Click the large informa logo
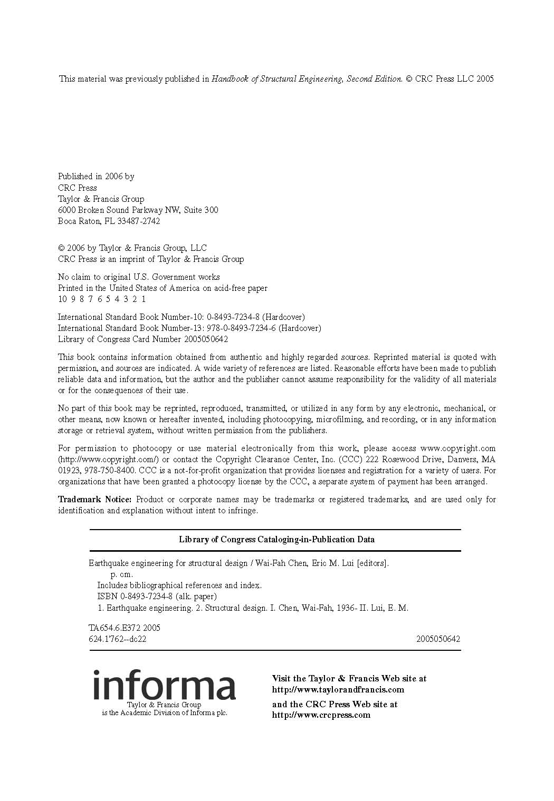pyautogui.click(x=164, y=686)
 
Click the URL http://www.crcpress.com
pyautogui.click(x=321, y=715)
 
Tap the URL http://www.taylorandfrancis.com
pyautogui.click(x=338, y=689)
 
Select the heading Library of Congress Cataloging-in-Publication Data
pyautogui.click(x=276, y=539)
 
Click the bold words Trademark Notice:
pyautogui.click(x=94, y=499)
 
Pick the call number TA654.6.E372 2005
pyautogui.click(x=125, y=628)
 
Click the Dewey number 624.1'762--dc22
pyautogui.click(x=118, y=639)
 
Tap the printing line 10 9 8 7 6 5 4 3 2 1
pyautogui.click(x=102, y=299)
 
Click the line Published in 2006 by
pyautogui.click(x=96, y=176)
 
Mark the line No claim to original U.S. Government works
pyautogui.click(x=139, y=277)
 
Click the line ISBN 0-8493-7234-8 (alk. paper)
pyautogui.click(x=157, y=596)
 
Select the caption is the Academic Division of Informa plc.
pyautogui.click(x=164, y=712)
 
